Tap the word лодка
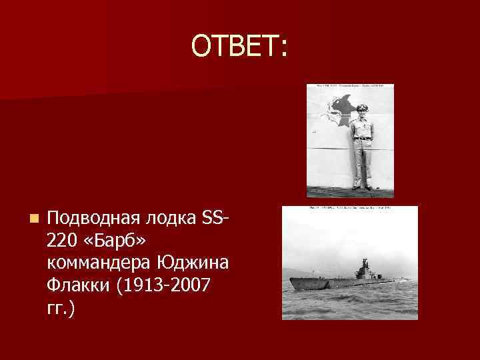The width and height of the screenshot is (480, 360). pyautogui.click(x=164, y=218)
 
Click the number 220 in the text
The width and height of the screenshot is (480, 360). pyautogui.click(x=63, y=241)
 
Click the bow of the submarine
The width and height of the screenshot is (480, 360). pyautogui.click(x=291, y=282)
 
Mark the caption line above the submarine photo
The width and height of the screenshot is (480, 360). pyautogui.click(x=349, y=209)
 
